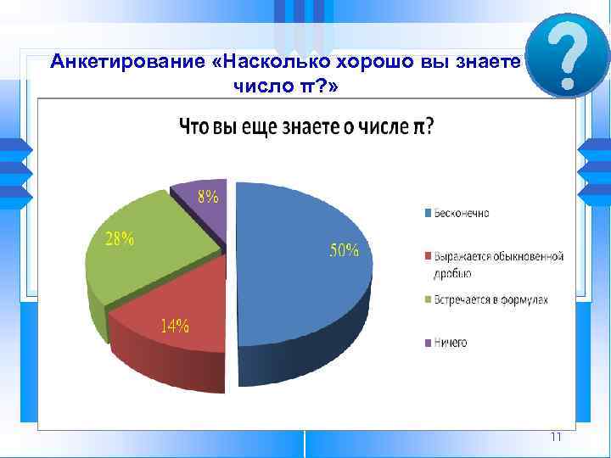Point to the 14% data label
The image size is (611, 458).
coord(175,326)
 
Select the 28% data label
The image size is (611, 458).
coord(120,239)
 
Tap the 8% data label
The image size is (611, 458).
coord(208,197)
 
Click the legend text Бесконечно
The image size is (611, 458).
coord(462,212)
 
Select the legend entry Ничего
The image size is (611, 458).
coord(450,343)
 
